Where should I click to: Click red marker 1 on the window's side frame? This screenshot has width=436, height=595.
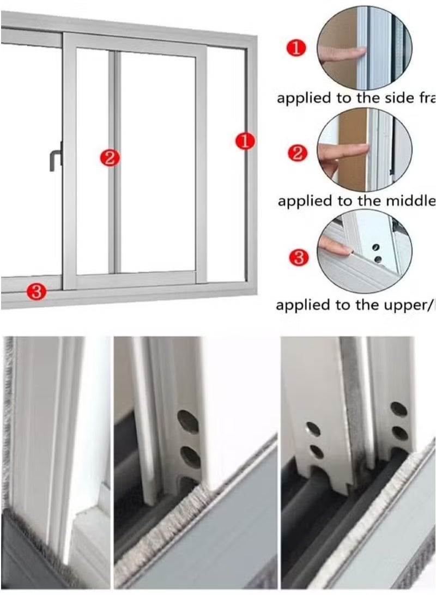pos(245,141)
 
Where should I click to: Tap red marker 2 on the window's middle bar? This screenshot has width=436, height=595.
pos(110,158)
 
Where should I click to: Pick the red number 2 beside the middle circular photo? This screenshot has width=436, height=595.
pos(297,153)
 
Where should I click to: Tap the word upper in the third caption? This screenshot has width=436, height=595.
pos(391,305)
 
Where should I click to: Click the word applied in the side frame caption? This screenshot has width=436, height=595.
pos(304,99)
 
